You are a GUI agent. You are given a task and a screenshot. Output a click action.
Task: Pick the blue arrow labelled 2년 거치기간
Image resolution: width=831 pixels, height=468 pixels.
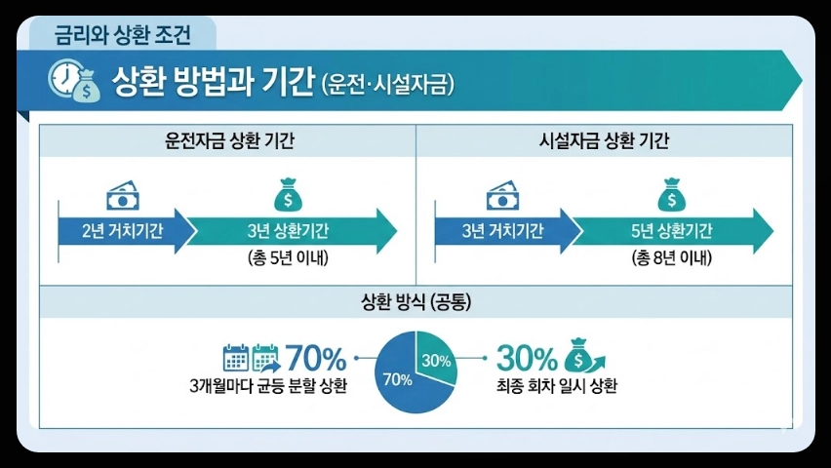pos(122,230)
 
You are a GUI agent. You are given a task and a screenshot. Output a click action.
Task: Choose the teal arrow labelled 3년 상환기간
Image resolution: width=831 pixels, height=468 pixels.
pos(288,230)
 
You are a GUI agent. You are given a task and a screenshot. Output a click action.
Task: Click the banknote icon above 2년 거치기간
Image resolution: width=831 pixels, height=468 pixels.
pos(122,194)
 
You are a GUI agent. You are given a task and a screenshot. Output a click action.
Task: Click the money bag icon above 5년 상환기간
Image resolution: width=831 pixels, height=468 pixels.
pos(671,194)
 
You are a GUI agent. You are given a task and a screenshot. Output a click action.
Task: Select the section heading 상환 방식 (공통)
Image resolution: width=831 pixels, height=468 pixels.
pos(415,302)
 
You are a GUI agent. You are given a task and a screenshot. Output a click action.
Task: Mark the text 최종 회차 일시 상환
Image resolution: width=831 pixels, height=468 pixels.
pos(555,385)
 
